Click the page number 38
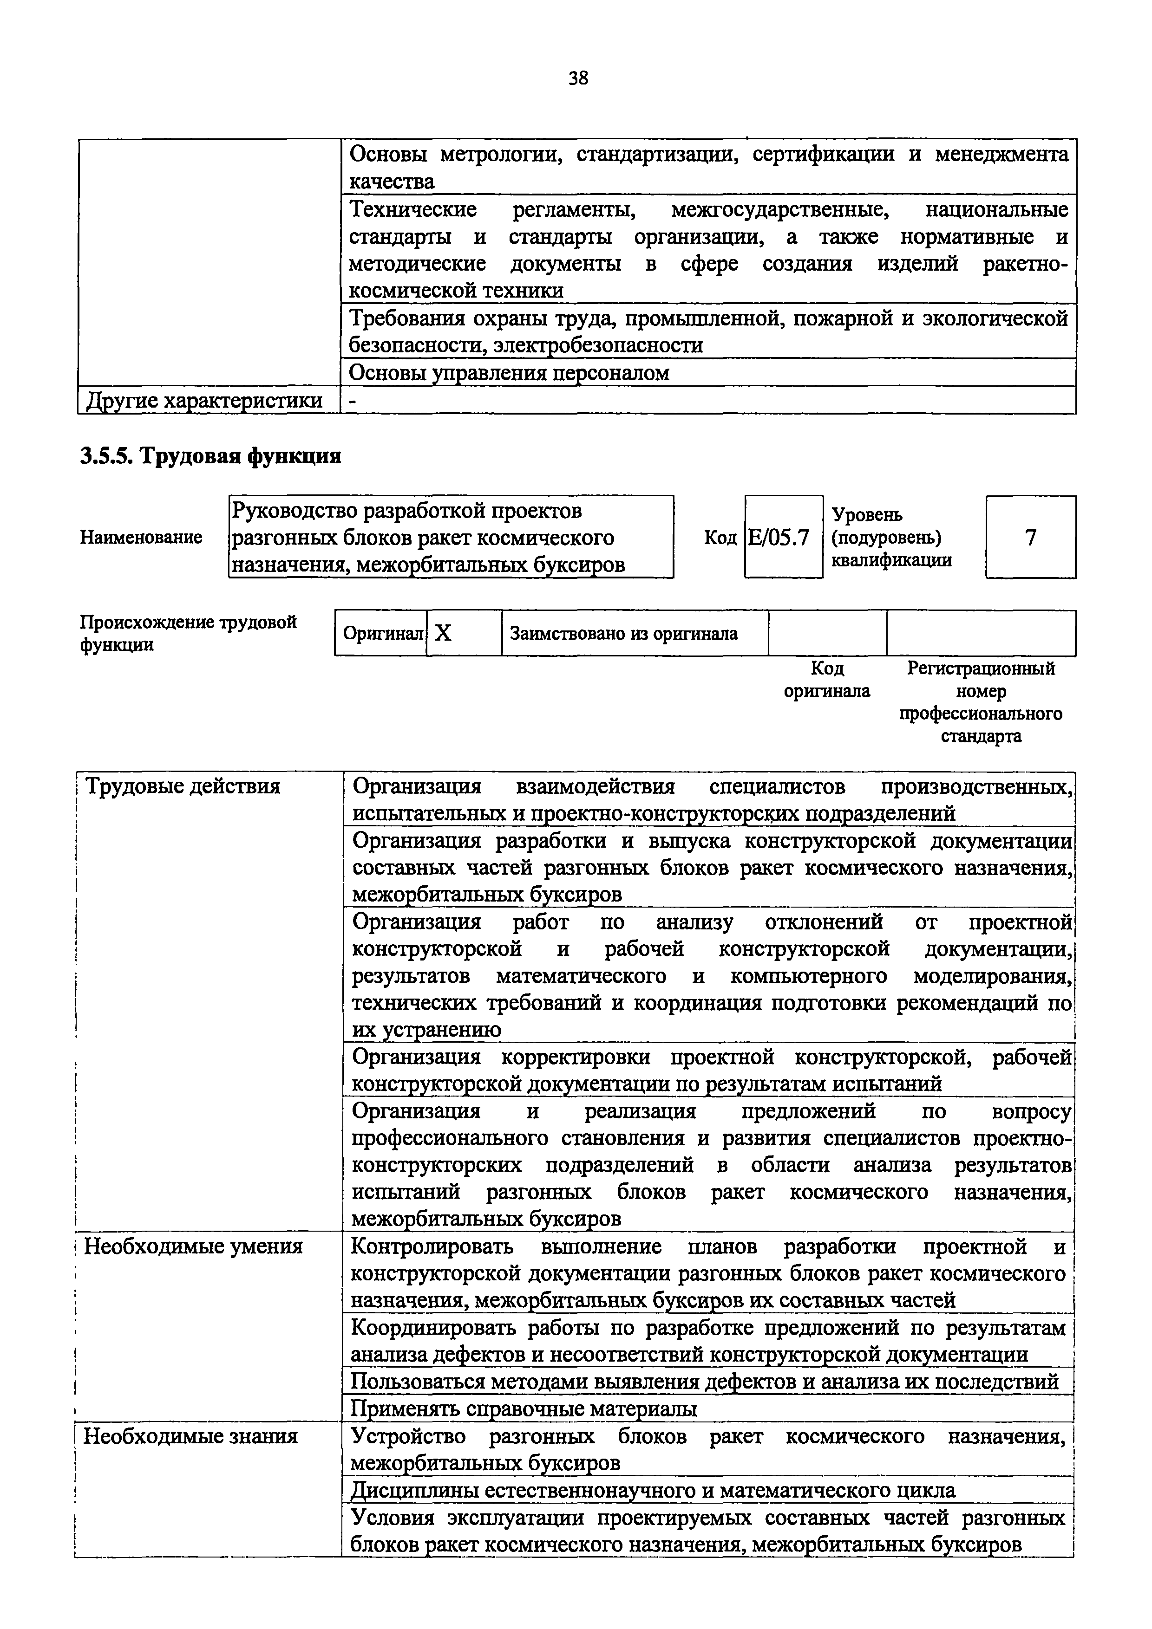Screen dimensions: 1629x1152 point(578,78)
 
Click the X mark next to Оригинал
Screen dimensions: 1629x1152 point(444,633)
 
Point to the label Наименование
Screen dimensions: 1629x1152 point(141,537)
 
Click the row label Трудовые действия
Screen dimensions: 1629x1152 point(183,786)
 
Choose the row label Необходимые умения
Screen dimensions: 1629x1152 point(193,1266)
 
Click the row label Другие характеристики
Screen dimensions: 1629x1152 point(204,401)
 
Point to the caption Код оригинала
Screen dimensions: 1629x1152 point(827,679)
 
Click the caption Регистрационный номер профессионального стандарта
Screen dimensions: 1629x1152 point(981,701)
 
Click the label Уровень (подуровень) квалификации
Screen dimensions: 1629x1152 point(891,537)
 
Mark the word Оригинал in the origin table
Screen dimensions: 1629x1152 point(382,633)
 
